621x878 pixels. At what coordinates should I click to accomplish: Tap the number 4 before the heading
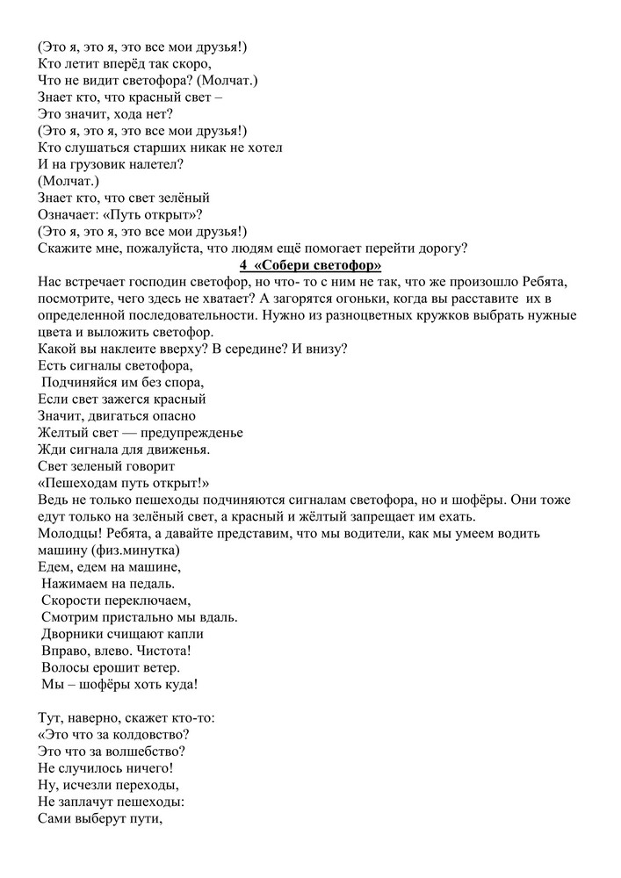point(242,265)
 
